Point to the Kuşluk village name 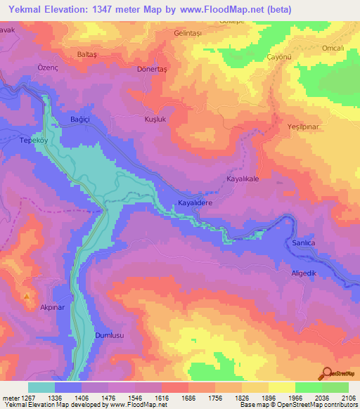coord(155,119)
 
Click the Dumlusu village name coord(109,337)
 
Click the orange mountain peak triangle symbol coord(27,297)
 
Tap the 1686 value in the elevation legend coord(188,398)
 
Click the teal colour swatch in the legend coord(41,387)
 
